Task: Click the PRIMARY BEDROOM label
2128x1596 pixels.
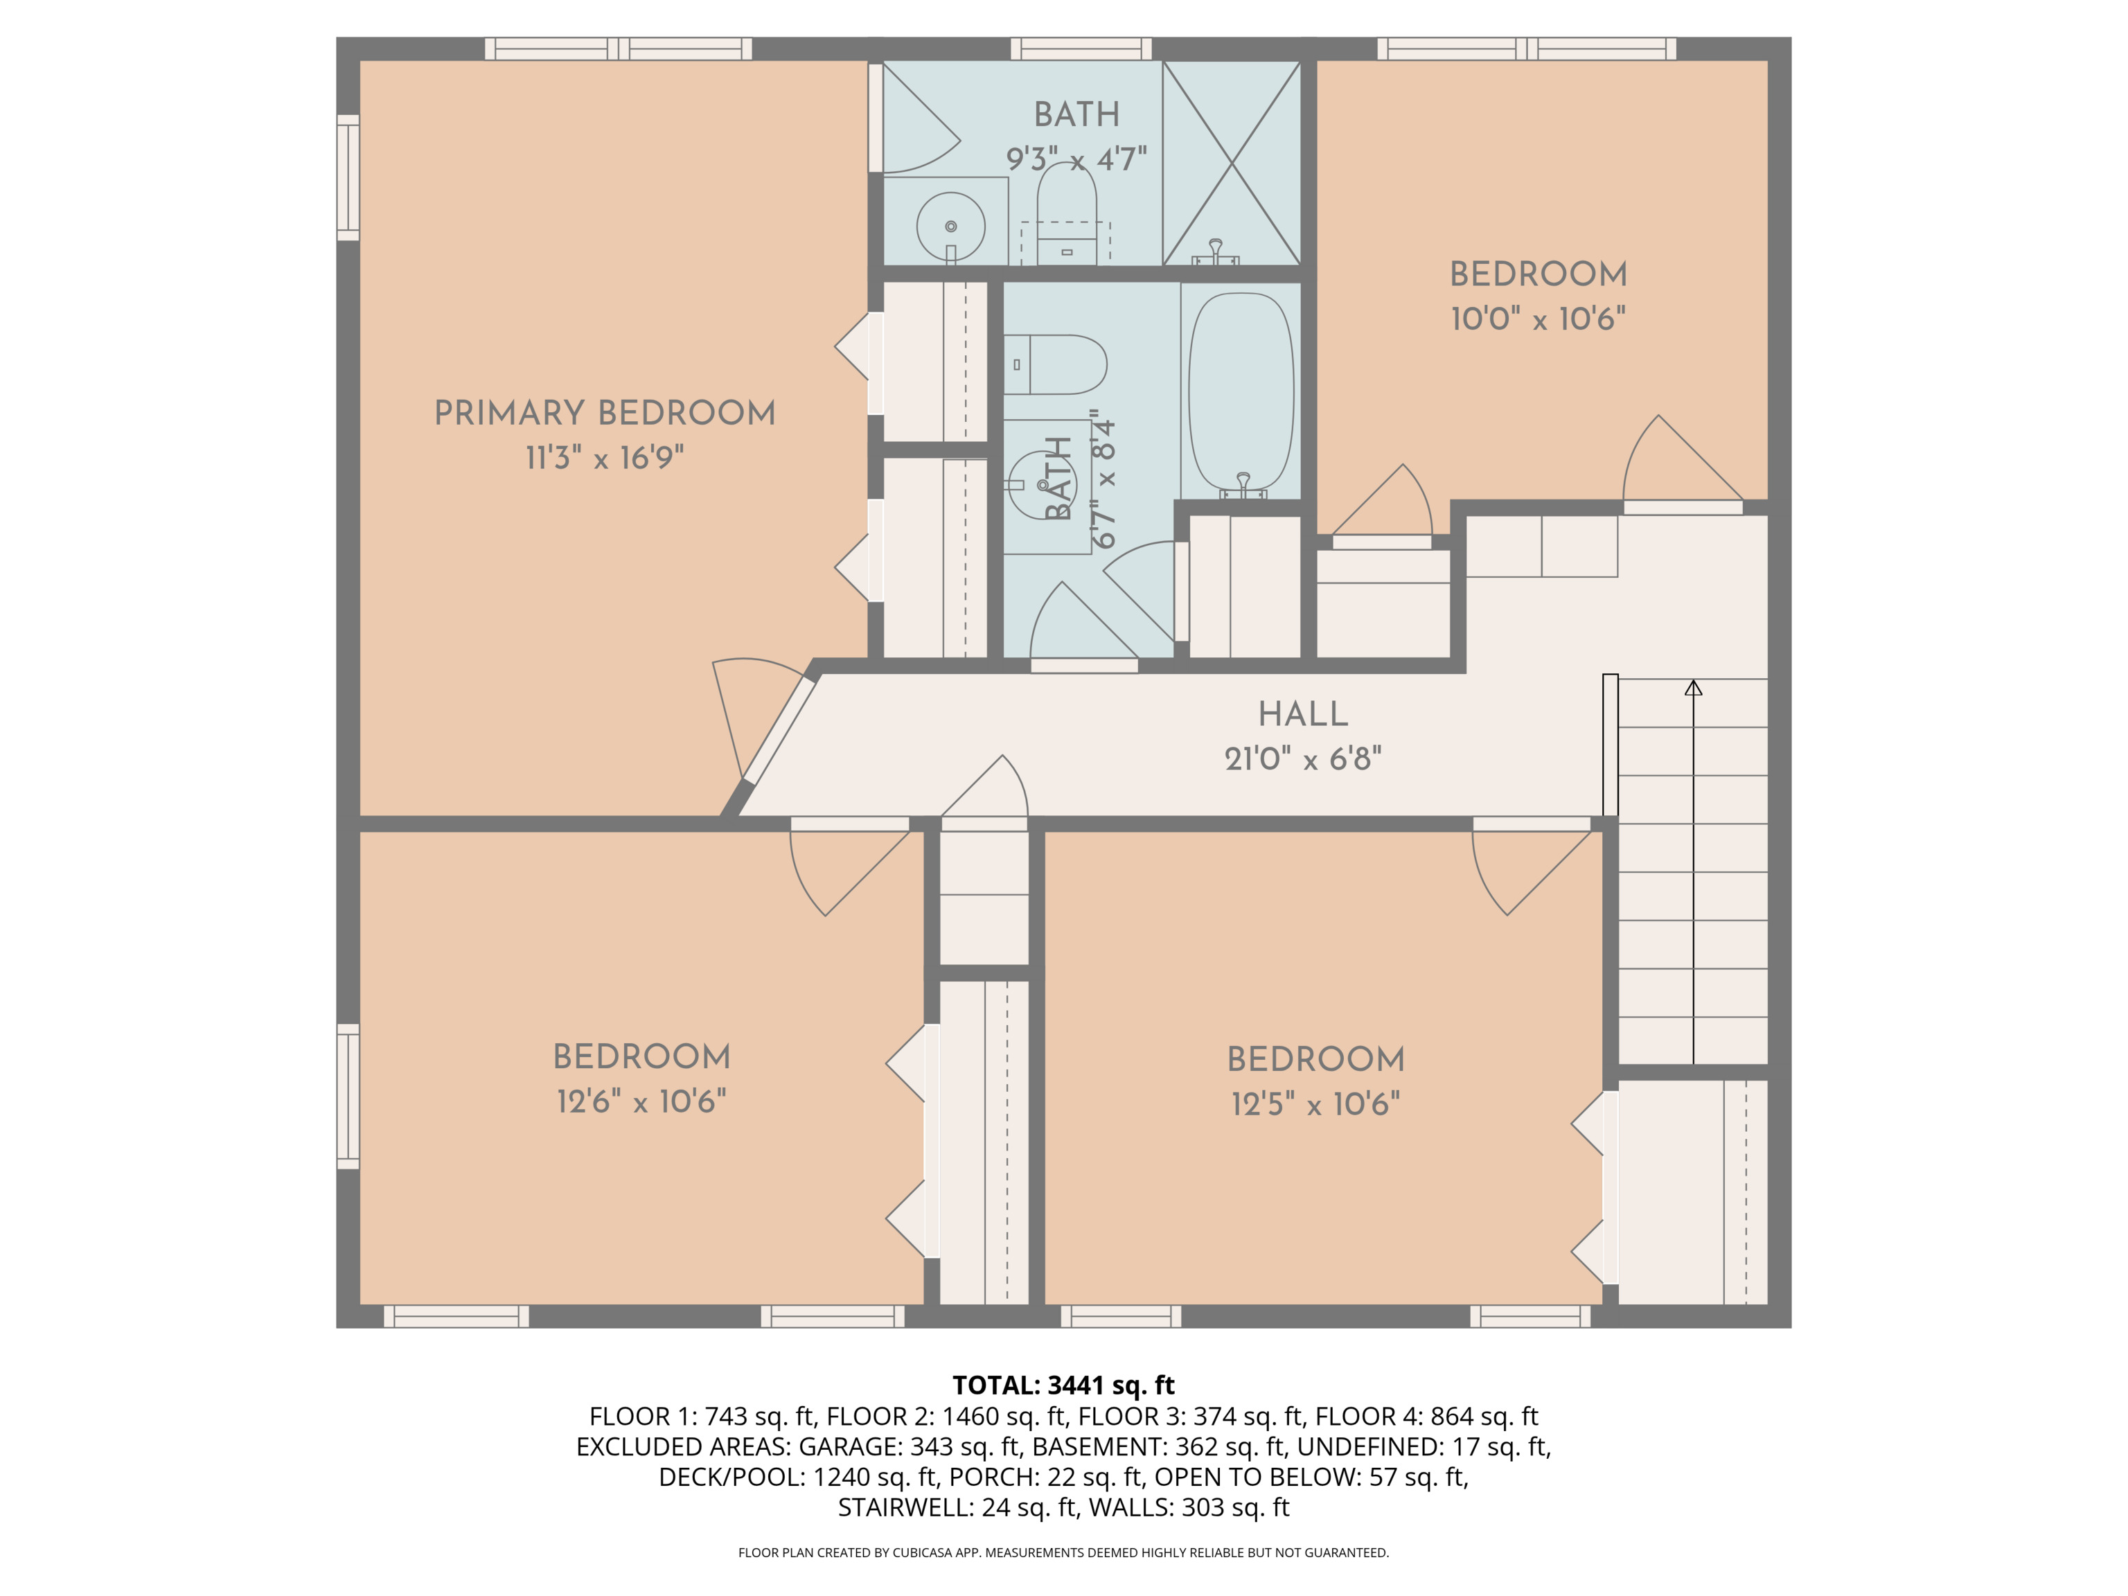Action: pos(604,413)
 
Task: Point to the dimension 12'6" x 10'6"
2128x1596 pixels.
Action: pos(641,1101)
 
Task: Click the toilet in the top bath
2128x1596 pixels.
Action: pos(1066,213)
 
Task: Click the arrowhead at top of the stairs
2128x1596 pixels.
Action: pos(1693,688)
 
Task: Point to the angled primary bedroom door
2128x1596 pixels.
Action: pos(779,728)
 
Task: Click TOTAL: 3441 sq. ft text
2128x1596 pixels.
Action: pos(1063,1385)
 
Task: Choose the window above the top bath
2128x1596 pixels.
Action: pos(1081,49)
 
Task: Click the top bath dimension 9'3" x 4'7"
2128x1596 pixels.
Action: pos(1076,159)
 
